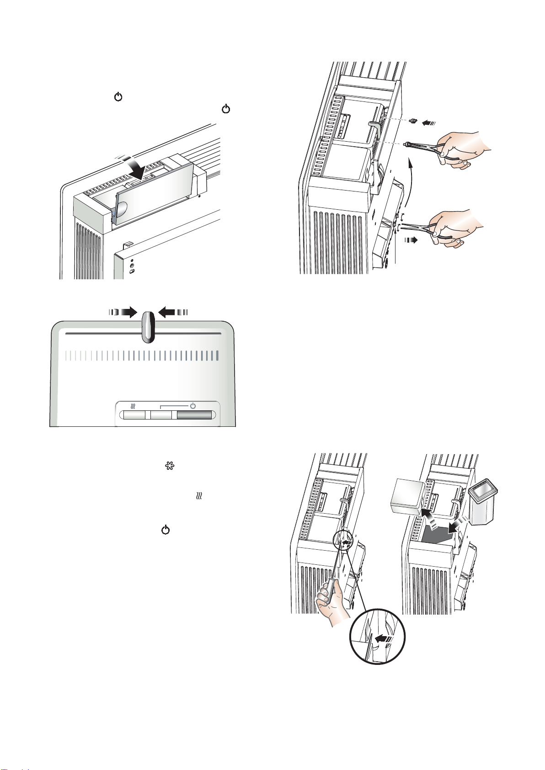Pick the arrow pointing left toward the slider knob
pyautogui.click(x=172, y=312)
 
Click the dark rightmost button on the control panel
pyautogui.click(x=195, y=415)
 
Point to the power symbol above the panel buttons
pyautogui.click(x=193, y=405)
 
